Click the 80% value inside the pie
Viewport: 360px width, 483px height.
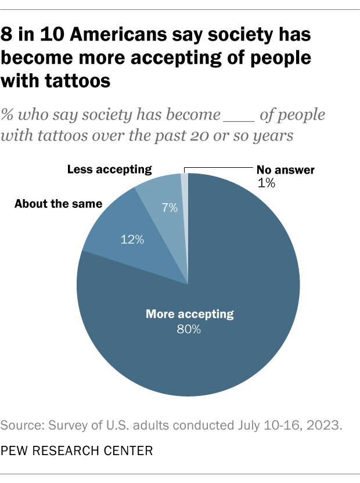189,330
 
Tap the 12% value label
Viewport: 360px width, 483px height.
132,239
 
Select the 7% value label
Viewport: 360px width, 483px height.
170,208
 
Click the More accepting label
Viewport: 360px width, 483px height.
189,315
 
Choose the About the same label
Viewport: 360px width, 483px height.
58,204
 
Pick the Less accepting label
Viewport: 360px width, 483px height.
109,170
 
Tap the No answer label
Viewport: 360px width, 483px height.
285,170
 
